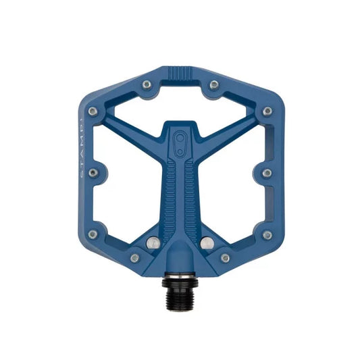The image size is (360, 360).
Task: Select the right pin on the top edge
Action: pyautogui.click(x=213, y=84)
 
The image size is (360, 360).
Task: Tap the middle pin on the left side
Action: pyautogui.click(x=93, y=172)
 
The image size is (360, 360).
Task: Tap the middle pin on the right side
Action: pyautogui.click(x=267, y=172)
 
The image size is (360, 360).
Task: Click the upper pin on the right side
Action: pyautogui.click(x=267, y=111)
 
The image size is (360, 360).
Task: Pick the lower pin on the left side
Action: pyautogui.click(x=93, y=234)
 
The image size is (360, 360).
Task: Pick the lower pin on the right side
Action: pyautogui.click(x=267, y=234)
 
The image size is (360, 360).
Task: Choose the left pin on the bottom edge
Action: pyautogui.click(x=134, y=257)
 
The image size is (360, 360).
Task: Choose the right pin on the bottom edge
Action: pyautogui.click(x=225, y=257)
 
